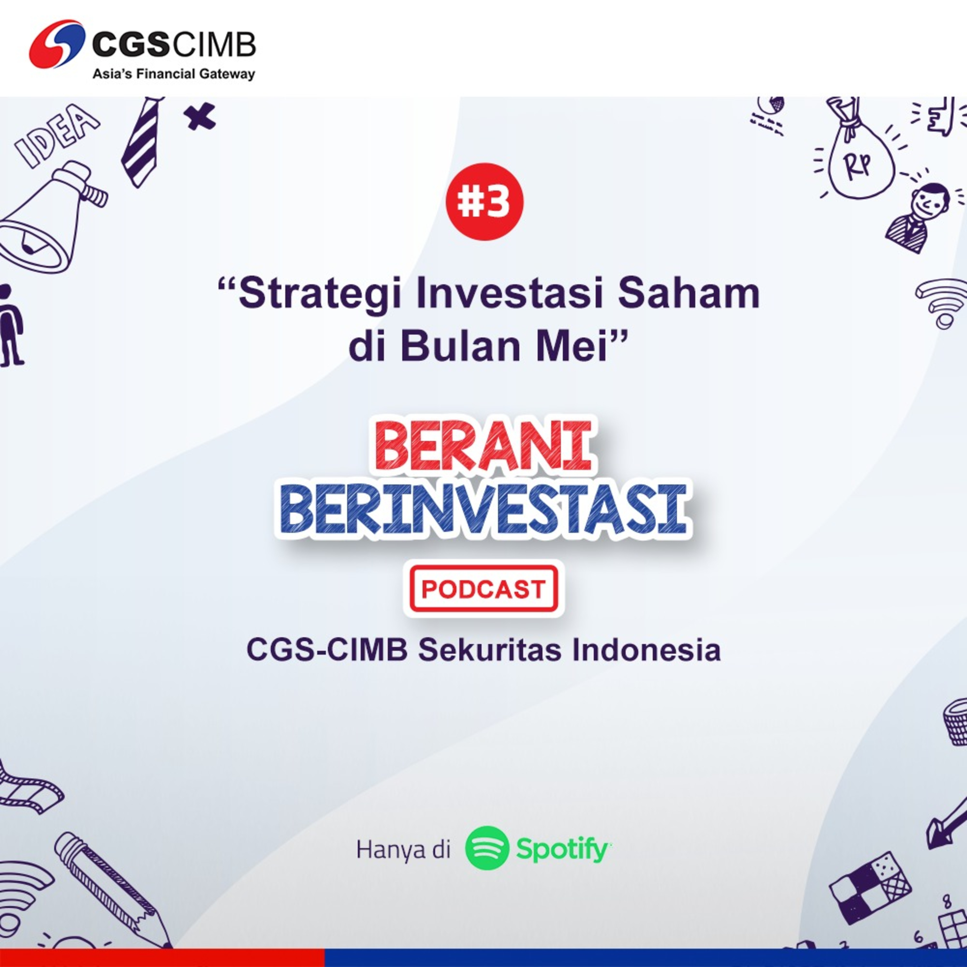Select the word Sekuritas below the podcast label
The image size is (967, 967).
pos(490,650)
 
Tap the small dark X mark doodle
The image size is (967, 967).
pos(199,117)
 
